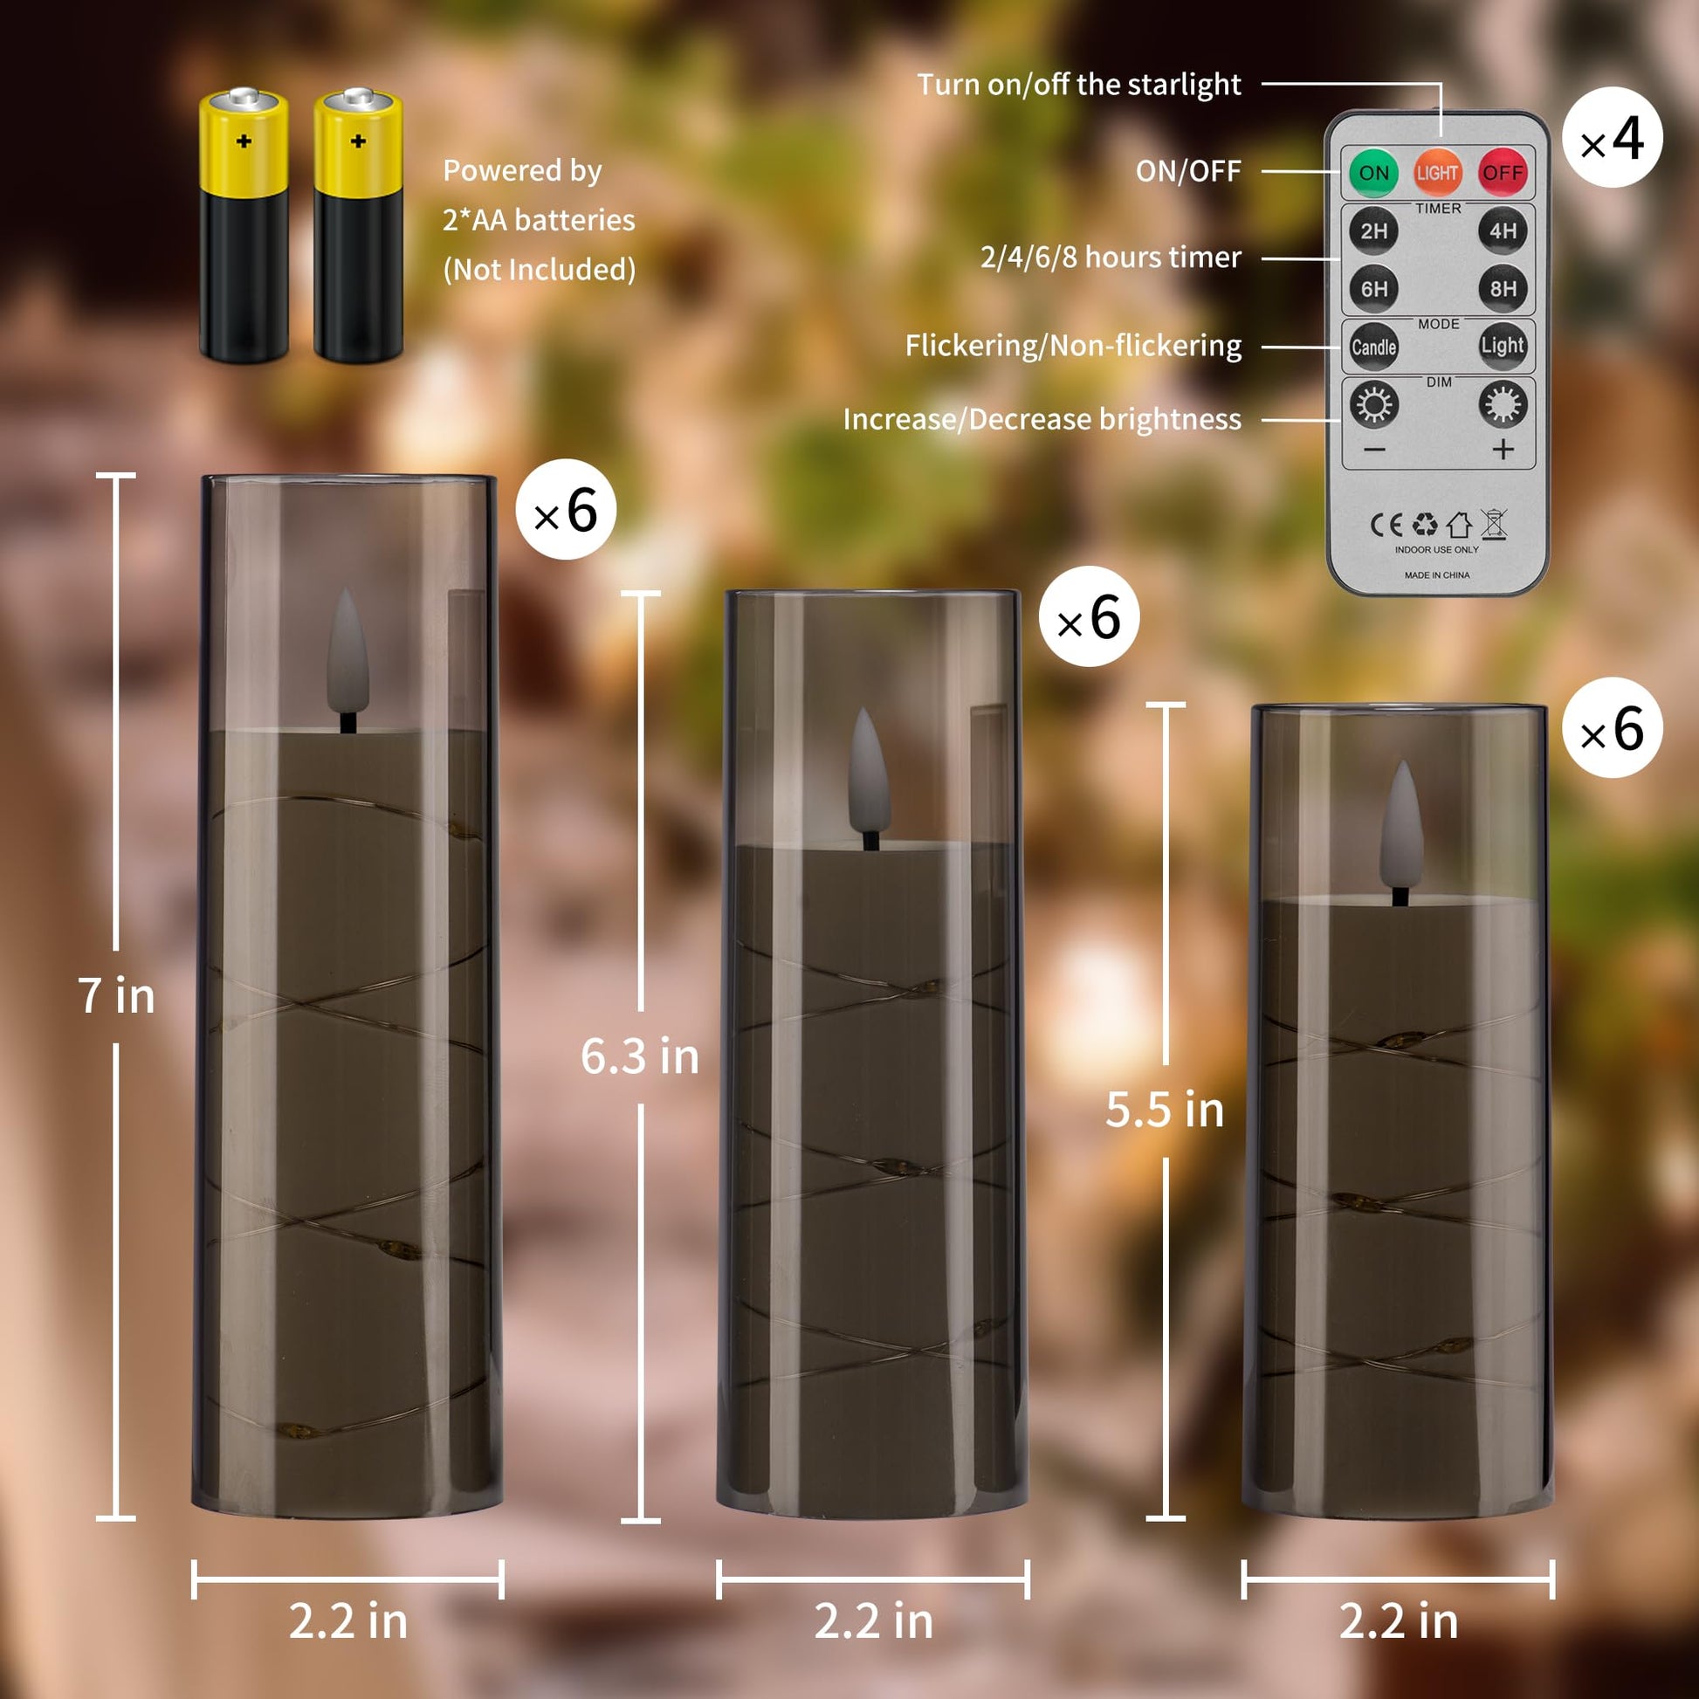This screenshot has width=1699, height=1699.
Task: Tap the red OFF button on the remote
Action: pyautogui.click(x=1502, y=172)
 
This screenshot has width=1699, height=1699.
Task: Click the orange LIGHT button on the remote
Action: pyautogui.click(x=1438, y=172)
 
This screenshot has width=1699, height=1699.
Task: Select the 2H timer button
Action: pyautogui.click(x=1373, y=230)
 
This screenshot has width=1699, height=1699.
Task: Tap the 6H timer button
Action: pyautogui.click(x=1373, y=288)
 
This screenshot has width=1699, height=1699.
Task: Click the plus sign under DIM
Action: pyautogui.click(x=1503, y=450)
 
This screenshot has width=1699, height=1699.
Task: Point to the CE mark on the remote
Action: pyautogui.click(x=1386, y=525)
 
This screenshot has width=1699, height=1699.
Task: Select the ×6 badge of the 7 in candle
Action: pyautogui.click(x=566, y=509)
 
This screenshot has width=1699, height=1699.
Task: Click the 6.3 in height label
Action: pyautogui.click(x=639, y=1056)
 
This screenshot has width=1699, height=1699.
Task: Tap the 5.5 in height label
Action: pyautogui.click(x=1165, y=1110)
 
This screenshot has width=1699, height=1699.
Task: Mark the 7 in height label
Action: pyautogui.click(x=116, y=995)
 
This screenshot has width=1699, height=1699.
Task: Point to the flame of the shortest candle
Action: pyautogui.click(x=1402, y=826)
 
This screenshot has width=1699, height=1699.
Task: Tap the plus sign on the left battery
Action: pyautogui.click(x=244, y=141)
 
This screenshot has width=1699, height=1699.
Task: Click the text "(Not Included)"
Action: pyautogui.click(x=539, y=269)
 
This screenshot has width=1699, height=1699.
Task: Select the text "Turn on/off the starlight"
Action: pyautogui.click(x=1079, y=85)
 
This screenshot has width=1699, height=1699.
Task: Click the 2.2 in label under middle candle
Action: pyautogui.click(x=873, y=1620)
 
